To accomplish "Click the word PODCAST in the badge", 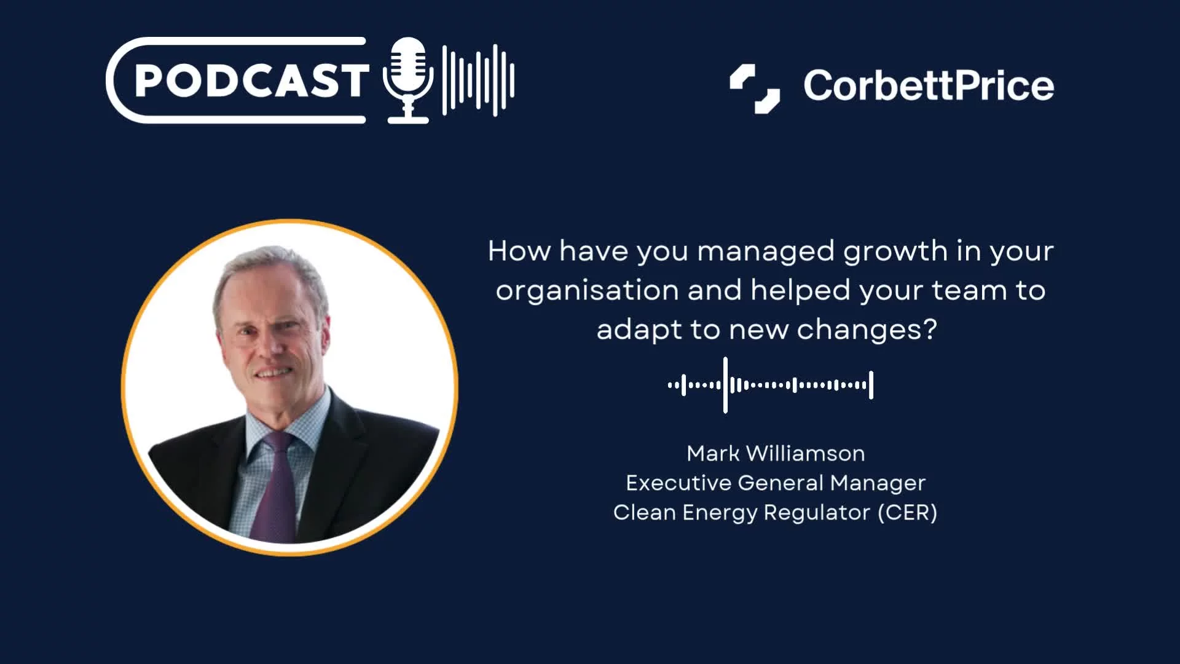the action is pos(251,81).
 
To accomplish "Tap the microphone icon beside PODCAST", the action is pos(407,81).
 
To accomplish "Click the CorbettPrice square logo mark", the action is pos(755,89).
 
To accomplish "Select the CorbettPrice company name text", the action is pos(929,85).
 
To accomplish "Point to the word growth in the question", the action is pos(895,252).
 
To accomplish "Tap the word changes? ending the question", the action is pos(867,330).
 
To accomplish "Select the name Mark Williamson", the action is pos(776,453).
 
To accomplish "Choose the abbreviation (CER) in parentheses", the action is pos(907,512).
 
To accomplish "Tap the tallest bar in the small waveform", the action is pos(725,385).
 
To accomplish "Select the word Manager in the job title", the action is pos(878,483).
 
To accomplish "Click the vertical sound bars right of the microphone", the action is pos(478,81).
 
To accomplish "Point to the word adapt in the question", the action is pos(639,330).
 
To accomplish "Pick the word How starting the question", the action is pos(519,251).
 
